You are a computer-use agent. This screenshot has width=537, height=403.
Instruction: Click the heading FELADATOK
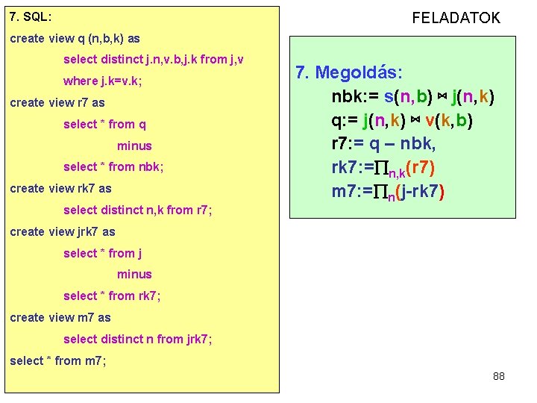[x=456, y=18]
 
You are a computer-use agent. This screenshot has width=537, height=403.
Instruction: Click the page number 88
[x=499, y=376]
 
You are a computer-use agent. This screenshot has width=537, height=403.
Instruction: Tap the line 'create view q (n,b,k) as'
[x=75, y=38]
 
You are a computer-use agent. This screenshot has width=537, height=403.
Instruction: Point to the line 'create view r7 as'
[x=57, y=102]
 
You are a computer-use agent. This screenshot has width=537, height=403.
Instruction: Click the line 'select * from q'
[x=104, y=124]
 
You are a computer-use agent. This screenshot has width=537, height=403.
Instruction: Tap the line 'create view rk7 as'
[x=60, y=188]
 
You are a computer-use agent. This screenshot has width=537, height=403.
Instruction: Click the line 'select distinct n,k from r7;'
[x=138, y=210]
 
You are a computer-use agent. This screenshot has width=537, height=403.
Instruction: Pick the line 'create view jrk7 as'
[x=63, y=231]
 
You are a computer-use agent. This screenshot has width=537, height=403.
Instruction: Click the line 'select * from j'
[x=103, y=253]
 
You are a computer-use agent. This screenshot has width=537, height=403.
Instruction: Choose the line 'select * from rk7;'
[x=112, y=296]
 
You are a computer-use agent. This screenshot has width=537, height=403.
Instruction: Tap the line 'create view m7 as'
[x=60, y=317]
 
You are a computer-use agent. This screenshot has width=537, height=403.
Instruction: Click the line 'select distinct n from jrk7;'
[x=138, y=339]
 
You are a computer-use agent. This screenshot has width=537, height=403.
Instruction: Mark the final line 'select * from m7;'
[x=58, y=360]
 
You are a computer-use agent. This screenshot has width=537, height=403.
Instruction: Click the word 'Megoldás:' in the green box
[x=359, y=72]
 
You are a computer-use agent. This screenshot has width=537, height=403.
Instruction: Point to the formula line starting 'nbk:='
[x=413, y=97]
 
